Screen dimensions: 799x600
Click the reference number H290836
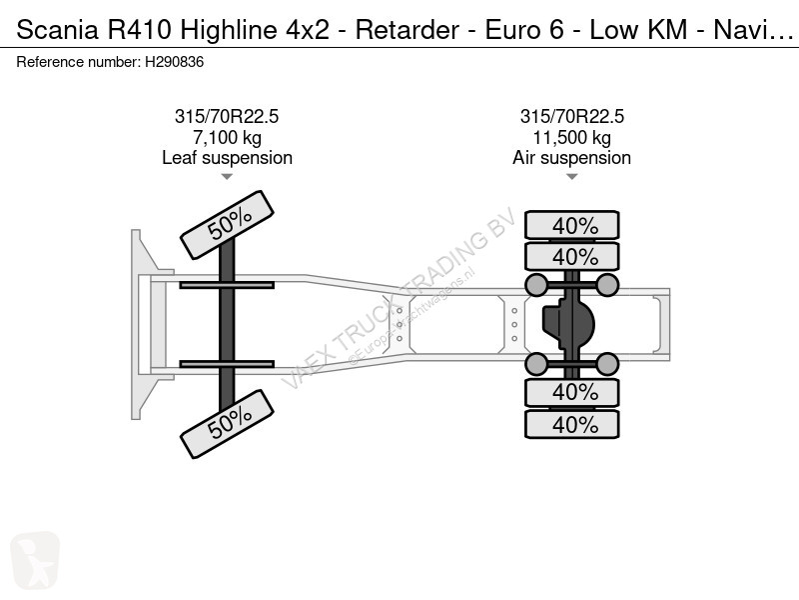click(174, 62)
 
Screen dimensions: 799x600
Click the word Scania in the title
click(58, 30)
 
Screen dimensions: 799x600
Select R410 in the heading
click(139, 30)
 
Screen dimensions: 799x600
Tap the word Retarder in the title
click(407, 30)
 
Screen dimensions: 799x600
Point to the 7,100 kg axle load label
click(228, 137)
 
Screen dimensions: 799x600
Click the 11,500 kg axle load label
click(571, 137)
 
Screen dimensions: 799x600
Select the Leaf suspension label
click(228, 158)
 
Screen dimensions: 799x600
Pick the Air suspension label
click(571, 158)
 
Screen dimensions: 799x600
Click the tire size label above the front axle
click(227, 116)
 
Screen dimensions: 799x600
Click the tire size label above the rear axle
click(571, 116)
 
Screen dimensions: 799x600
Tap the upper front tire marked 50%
click(228, 225)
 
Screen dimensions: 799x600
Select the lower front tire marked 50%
click(228, 424)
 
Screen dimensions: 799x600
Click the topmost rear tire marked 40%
click(572, 225)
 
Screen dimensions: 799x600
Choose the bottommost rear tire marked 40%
click(572, 424)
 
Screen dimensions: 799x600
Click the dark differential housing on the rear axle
click(568, 324)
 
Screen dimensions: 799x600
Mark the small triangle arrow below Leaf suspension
click(227, 177)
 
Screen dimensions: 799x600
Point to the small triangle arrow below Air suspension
click(571, 177)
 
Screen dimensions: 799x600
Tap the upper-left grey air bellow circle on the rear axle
click(536, 285)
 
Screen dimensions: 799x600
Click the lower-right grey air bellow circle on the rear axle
click(607, 364)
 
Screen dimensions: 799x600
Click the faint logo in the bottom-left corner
click(35, 561)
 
